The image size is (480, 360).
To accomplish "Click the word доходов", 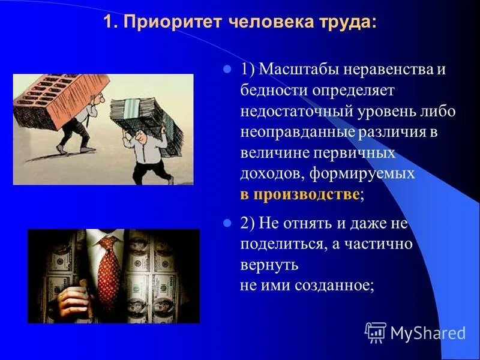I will [x=268, y=173].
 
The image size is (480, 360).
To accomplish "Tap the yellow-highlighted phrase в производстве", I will [x=300, y=194].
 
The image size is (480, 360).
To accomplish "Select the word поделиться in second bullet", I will [x=278, y=244].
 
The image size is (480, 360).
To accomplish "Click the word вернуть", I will [x=268, y=265].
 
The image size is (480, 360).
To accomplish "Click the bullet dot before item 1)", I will [x=227, y=70].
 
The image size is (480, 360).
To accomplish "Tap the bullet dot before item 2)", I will [x=227, y=224].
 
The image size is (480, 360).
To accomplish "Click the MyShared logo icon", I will [x=376, y=332].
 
